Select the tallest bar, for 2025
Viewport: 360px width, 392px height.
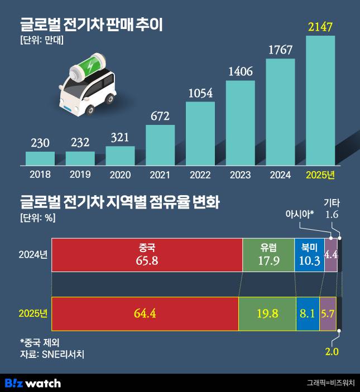point(320,100)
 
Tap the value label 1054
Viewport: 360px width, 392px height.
point(200,93)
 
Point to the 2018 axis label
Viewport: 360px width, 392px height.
point(40,174)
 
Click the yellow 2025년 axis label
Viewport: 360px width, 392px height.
point(320,174)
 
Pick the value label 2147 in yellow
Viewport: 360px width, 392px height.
point(320,26)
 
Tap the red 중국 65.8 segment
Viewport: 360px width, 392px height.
point(147,255)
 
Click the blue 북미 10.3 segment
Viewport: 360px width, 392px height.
point(309,255)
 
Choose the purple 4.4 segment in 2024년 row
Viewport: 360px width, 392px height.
point(330,255)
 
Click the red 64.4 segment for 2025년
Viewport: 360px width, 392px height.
point(145,313)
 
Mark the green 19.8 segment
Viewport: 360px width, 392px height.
point(267,313)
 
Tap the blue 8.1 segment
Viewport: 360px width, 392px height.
point(307,313)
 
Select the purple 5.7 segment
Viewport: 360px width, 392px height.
point(327,313)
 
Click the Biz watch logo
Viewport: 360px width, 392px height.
point(32,383)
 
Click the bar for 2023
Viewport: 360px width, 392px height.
point(240,123)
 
